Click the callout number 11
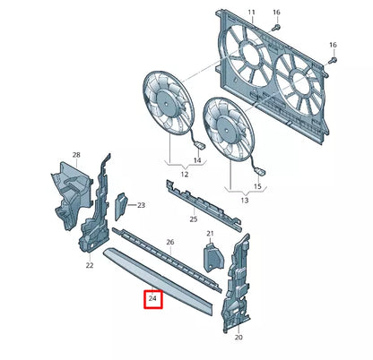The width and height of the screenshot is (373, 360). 251,13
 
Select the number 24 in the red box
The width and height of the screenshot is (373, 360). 153,298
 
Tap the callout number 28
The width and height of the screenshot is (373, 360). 76,156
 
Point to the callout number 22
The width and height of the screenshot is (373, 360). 90,265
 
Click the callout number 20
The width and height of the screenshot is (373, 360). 239,338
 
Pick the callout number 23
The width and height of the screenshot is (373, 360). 141,205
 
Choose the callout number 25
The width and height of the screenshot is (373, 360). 194,219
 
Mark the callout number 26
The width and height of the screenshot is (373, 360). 170,243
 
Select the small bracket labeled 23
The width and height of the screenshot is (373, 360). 122,207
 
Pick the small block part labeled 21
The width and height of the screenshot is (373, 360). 212,257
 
